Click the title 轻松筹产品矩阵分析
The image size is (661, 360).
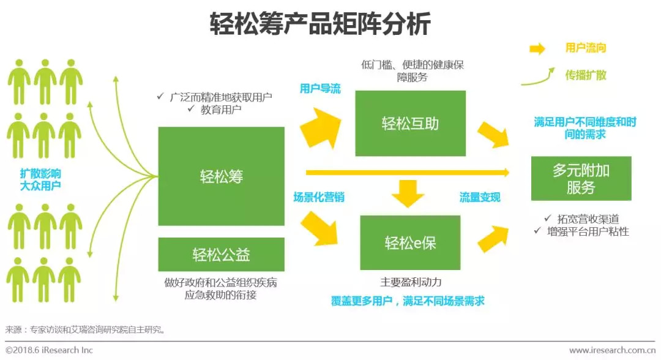pyautogui.click(x=320, y=24)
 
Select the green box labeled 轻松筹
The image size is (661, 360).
pyautogui.click(x=221, y=176)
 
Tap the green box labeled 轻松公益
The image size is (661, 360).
pyautogui.click(x=221, y=253)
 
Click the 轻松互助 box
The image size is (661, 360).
pyautogui.click(x=410, y=123)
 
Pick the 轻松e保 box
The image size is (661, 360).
pyautogui.click(x=410, y=242)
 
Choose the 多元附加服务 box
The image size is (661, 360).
pyautogui.click(x=581, y=178)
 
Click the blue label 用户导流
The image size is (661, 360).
pyautogui.click(x=320, y=89)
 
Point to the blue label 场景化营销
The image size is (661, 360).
pyautogui.click(x=318, y=197)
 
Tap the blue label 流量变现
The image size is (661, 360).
pyautogui.click(x=480, y=197)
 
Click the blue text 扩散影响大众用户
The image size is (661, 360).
pyautogui.click(x=40, y=179)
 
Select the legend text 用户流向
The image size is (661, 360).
pyautogui.click(x=586, y=48)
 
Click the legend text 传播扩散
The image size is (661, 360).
pyautogui.click(x=586, y=75)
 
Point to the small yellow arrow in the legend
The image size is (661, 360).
pyautogui.click(x=537, y=49)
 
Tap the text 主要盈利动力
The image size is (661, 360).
pyautogui.click(x=411, y=282)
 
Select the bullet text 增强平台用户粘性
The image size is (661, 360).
pyautogui.click(x=588, y=231)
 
